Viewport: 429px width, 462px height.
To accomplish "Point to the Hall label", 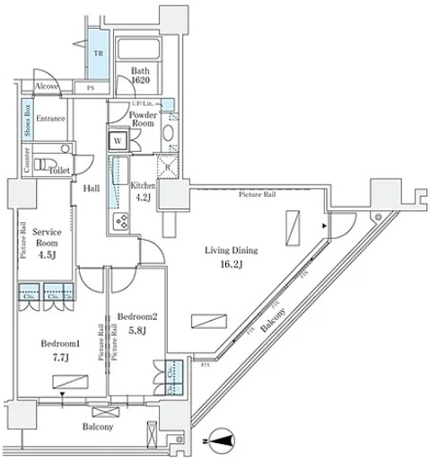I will pyautogui.click(x=92, y=190).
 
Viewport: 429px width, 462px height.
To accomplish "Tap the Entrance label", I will pyautogui.click(x=50, y=119).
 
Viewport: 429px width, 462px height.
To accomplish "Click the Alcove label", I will pyautogui.click(x=47, y=86).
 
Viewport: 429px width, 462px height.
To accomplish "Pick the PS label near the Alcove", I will pyautogui.click(x=91, y=87).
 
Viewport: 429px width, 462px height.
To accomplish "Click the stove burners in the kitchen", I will pyautogui.click(x=118, y=222).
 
